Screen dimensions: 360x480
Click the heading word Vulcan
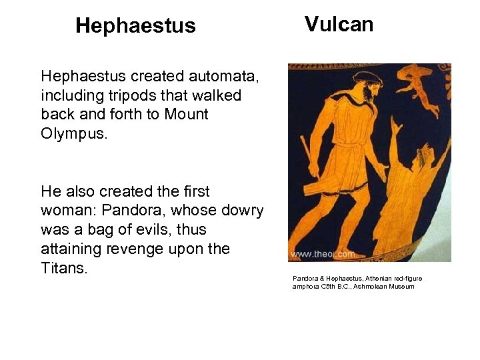tap(339, 25)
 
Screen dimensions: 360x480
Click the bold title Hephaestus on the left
tap(135, 26)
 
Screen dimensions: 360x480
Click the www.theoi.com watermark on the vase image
tap(323, 254)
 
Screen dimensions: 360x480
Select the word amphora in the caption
tap(307, 287)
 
